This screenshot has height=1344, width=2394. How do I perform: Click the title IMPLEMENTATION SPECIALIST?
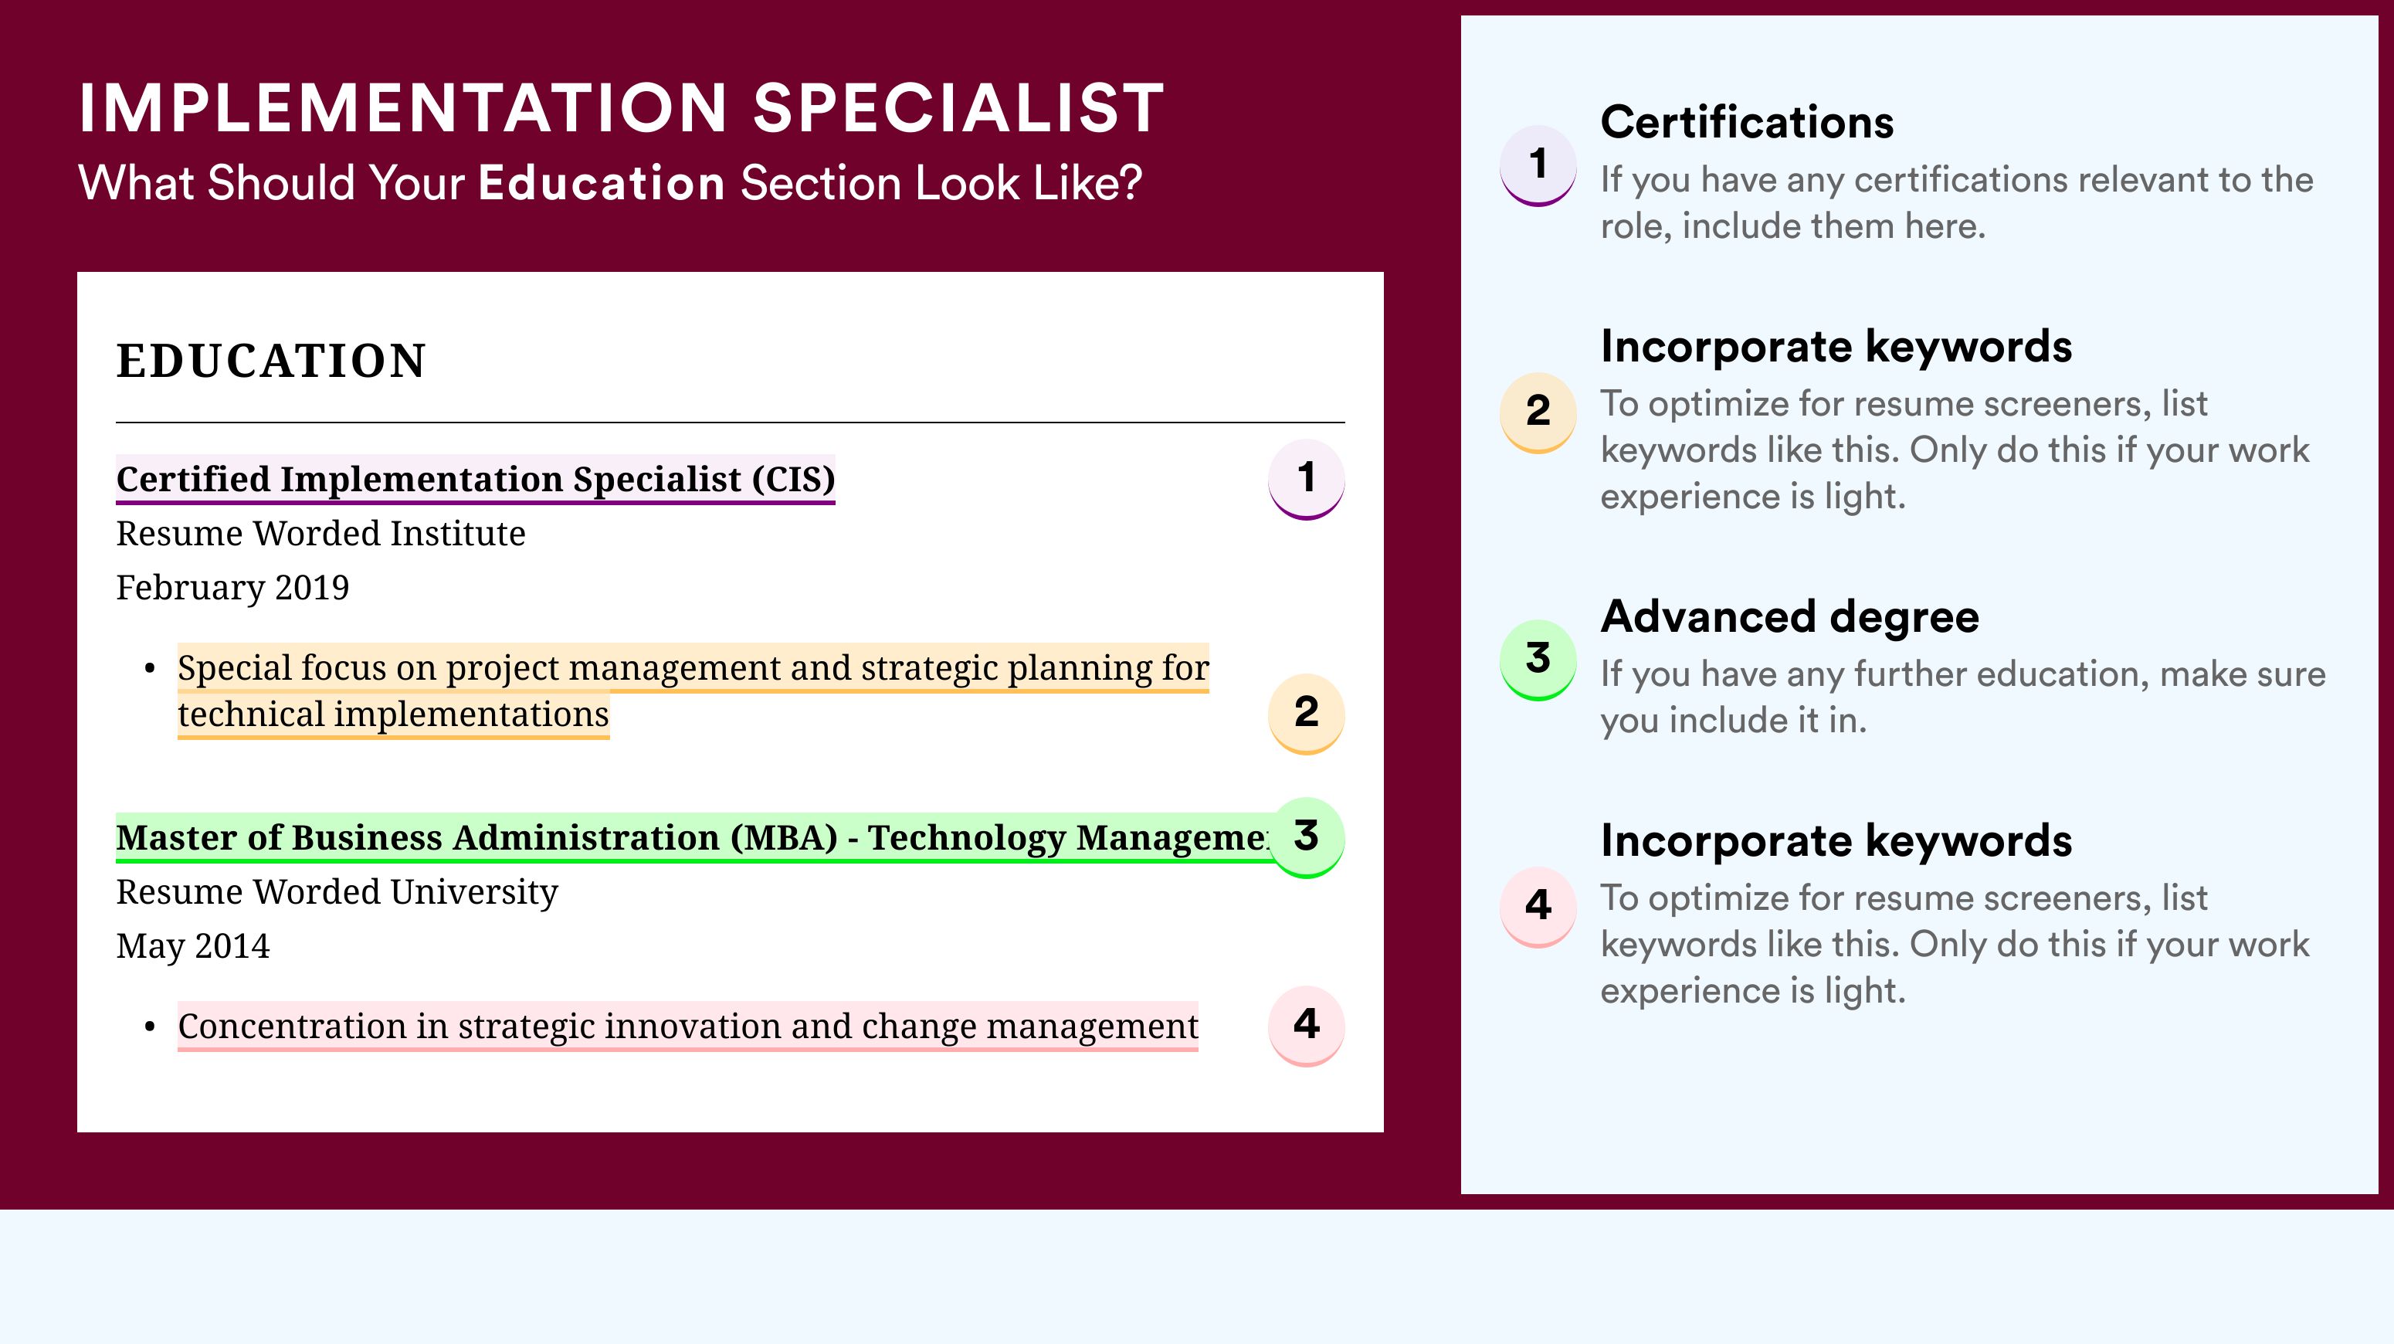[621, 108]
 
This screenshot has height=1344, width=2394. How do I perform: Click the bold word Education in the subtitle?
[602, 182]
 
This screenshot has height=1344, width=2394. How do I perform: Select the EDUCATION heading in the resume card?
[270, 361]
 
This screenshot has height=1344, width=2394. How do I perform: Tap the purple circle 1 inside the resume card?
[1306, 479]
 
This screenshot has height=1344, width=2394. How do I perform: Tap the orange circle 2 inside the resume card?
[1306, 714]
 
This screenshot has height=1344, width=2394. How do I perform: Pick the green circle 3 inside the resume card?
[1306, 837]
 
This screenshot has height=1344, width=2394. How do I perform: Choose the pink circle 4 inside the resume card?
[1306, 1026]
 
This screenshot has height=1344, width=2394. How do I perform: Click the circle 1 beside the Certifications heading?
[1538, 165]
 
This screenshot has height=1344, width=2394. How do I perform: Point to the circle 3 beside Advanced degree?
[1538, 660]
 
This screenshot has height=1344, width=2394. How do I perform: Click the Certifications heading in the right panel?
[1747, 122]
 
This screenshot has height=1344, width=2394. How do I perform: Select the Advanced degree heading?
[1790, 617]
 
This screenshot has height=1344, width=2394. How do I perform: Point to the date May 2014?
[193, 947]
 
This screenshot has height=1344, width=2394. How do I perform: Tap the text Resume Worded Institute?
[320, 534]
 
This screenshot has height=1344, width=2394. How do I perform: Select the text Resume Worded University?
[337, 892]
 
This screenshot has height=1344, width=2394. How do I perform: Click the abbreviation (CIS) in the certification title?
[794, 480]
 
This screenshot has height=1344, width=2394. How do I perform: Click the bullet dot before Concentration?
[150, 1028]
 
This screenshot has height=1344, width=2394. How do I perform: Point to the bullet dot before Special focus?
[150, 669]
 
